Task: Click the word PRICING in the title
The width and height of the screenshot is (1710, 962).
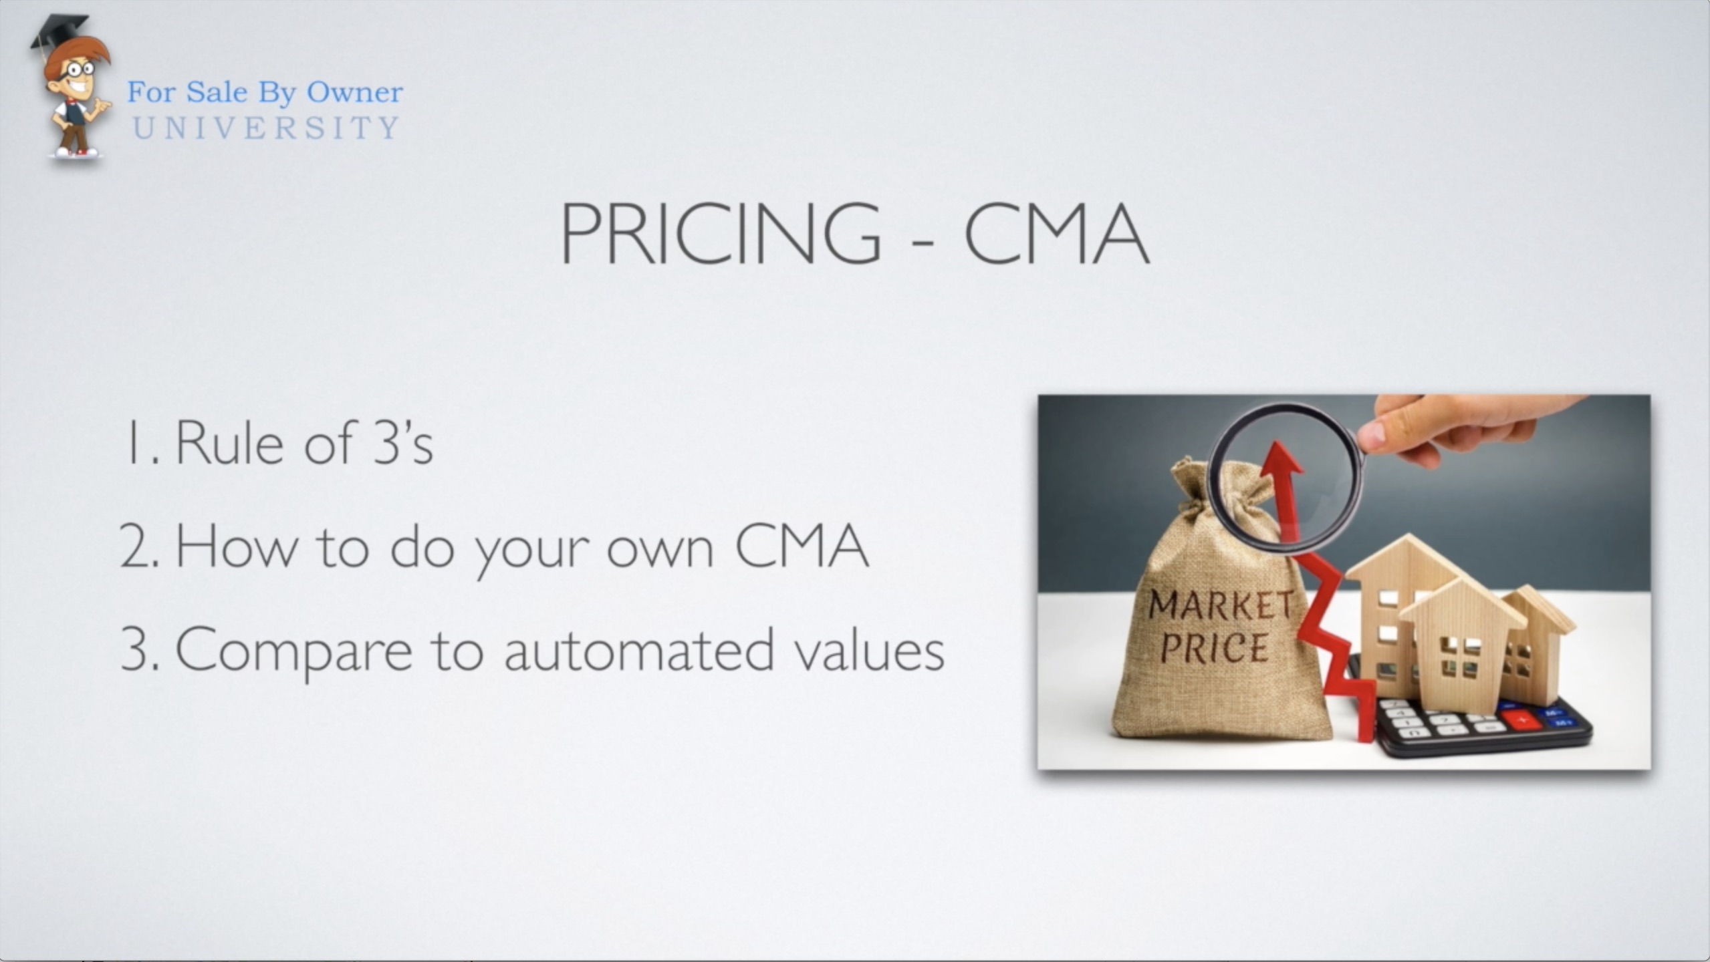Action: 721,233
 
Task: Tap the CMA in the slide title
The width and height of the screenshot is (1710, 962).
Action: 1056,233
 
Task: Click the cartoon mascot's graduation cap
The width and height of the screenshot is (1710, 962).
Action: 59,32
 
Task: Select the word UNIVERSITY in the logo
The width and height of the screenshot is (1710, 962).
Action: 266,128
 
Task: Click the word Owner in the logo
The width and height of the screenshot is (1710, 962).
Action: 354,92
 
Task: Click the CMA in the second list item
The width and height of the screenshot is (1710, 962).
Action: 802,546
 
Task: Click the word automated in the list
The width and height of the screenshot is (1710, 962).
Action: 639,649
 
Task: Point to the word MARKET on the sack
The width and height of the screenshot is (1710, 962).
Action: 1219,605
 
